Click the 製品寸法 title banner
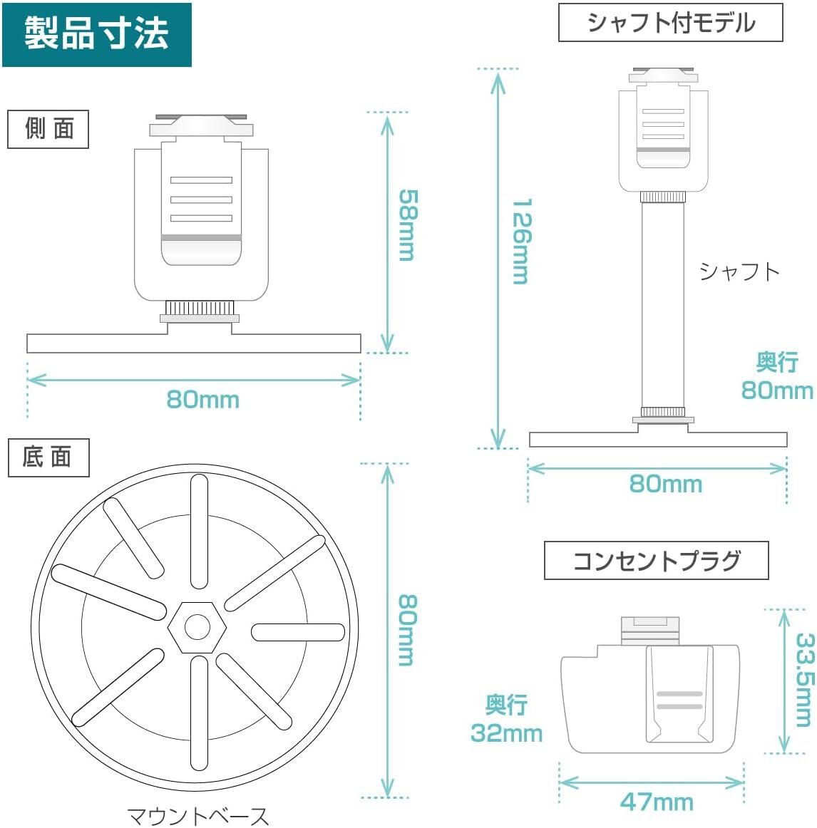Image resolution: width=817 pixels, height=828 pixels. pyautogui.click(x=96, y=34)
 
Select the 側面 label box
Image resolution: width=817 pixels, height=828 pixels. pyautogui.click(x=48, y=129)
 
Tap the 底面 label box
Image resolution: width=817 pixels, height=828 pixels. pyautogui.click(x=48, y=457)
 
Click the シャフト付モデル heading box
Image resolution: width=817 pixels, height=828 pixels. pyautogui.click(x=670, y=23)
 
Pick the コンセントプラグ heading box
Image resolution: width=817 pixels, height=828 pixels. pyautogui.click(x=656, y=561)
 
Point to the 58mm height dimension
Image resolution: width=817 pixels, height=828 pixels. pyautogui.click(x=407, y=225)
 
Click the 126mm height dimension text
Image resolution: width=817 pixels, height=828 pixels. pyautogui.click(x=521, y=242)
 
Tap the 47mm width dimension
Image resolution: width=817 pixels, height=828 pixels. pyautogui.click(x=657, y=802)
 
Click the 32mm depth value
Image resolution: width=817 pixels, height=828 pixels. pyautogui.click(x=506, y=733)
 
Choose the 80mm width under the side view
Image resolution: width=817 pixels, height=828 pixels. pyautogui.click(x=202, y=400)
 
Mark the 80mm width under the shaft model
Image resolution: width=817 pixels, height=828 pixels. pyautogui.click(x=665, y=485)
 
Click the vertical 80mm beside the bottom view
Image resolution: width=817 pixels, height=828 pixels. pyautogui.click(x=406, y=630)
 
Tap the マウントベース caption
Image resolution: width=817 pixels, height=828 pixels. pyautogui.click(x=198, y=815)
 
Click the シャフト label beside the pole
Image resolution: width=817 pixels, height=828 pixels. pyautogui.click(x=739, y=271)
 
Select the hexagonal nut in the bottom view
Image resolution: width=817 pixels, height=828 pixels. pyautogui.click(x=197, y=627)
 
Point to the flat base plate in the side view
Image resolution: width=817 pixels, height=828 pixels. pyautogui.click(x=193, y=343)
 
